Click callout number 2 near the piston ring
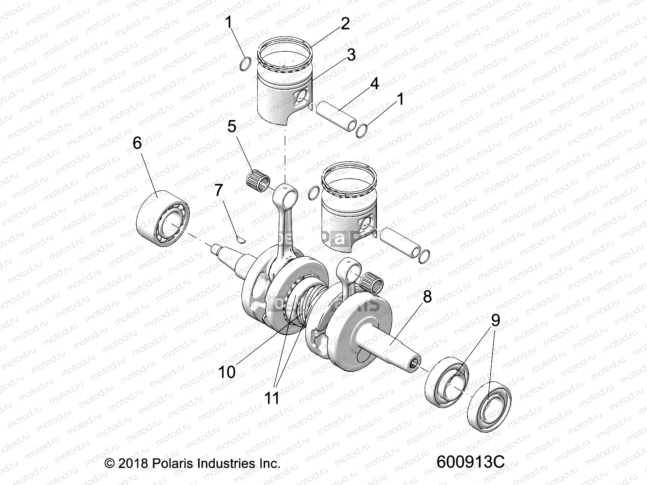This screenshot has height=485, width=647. pos(345,24)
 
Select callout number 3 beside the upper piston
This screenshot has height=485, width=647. pos(351,55)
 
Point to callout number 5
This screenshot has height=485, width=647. pos(232,127)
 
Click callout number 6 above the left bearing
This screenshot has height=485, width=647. pos(137,143)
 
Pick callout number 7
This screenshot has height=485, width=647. pos(218,190)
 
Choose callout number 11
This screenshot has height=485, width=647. pos(272,398)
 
